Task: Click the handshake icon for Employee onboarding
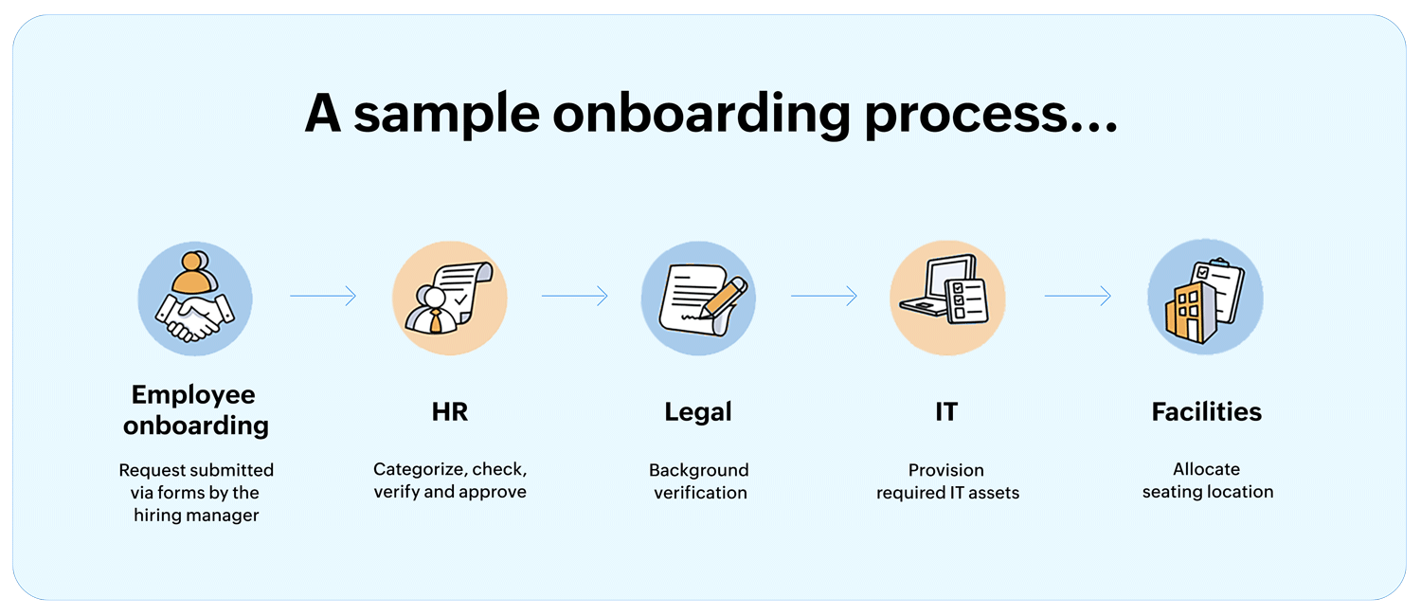(x=195, y=298)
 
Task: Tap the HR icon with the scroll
(x=450, y=298)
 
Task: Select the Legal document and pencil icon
(x=698, y=298)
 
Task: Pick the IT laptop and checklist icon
(x=947, y=298)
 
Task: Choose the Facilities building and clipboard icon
(x=1205, y=298)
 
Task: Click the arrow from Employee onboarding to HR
(x=323, y=297)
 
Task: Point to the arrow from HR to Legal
(x=575, y=297)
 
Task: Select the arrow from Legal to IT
(x=824, y=297)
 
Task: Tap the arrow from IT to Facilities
(x=1078, y=297)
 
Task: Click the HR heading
(x=450, y=412)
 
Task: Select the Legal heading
(x=698, y=412)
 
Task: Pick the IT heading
(x=946, y=412)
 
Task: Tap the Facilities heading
(x=1207, y=412)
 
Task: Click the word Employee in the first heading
(x=193, y=395)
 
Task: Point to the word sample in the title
(x=446, y=115)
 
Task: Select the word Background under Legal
(x=699, y=470)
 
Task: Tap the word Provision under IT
(x=946, y=470)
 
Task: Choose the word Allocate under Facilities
(x=1206, y=469)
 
